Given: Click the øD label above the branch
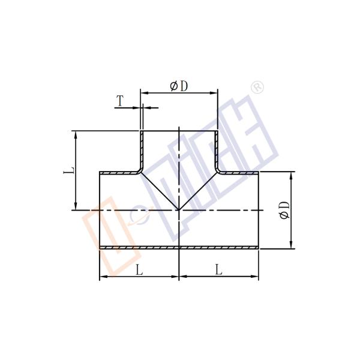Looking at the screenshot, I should tap(179, 86).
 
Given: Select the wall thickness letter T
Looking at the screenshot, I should tap(120, 101).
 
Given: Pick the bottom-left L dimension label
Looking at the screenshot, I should tap(139, 270).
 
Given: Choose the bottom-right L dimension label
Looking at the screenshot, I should tap(218, 270).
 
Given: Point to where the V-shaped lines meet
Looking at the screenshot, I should tap(179, 209).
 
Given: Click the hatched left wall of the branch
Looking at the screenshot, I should tap(142, 150).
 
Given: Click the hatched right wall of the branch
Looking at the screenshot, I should tap(216, 150).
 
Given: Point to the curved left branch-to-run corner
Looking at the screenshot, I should tap(139, 172).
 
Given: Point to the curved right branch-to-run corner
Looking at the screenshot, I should tap(219, 172).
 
